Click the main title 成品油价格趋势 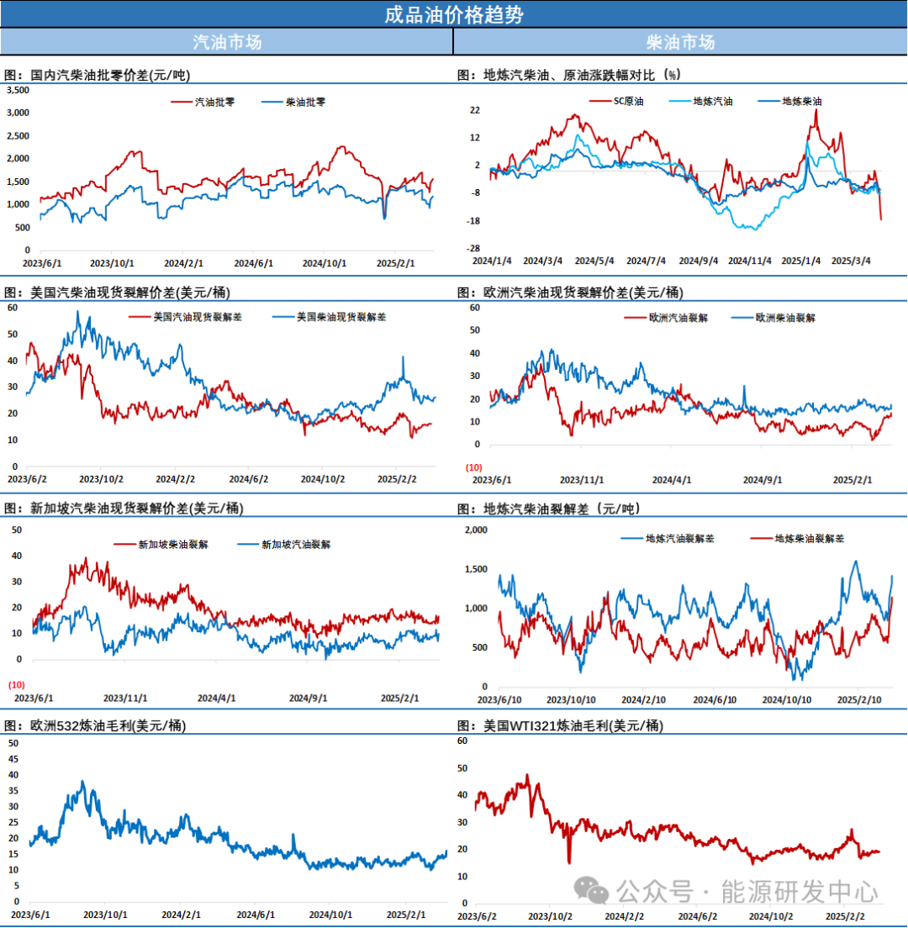(x=453, y=15)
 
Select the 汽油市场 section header (x=227, y=42)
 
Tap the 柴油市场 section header (x=680, y=42)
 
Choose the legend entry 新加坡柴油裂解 (x=173, y=544)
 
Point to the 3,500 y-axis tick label (x=18, y=89)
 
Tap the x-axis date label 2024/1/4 (x=491, y=261)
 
